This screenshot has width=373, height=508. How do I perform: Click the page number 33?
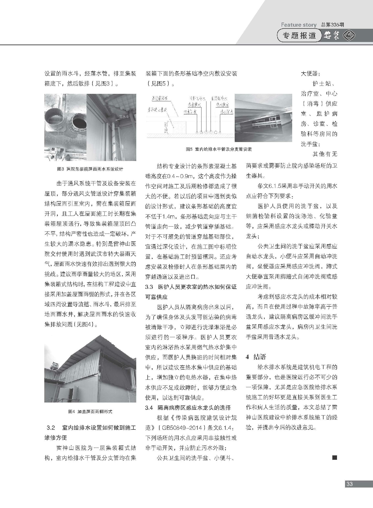[350, 484]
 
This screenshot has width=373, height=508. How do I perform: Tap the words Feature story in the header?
[299, 25]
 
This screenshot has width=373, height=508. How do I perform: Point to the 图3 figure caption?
[90, 169]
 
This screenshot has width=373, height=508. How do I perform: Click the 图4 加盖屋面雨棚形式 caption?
[90, 411]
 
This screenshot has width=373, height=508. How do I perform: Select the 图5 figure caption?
[219, 149]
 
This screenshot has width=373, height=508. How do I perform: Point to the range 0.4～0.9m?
[177, 176]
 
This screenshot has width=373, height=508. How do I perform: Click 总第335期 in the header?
[332, 25]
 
